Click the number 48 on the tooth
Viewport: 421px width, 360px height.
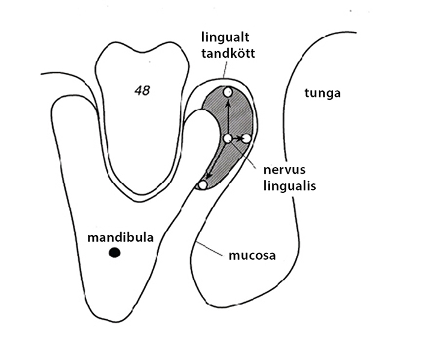click(143, 91)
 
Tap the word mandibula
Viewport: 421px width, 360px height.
click(120, 237)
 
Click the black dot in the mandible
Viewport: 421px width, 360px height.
click(115, 252)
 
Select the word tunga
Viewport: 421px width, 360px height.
click(322, 94)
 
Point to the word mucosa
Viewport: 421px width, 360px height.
click(252, 255)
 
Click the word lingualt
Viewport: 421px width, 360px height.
click(226, 38)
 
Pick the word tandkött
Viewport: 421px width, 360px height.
click(228, 53)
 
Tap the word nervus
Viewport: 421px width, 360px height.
click(284, 170)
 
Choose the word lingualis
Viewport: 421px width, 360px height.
click(289, 186)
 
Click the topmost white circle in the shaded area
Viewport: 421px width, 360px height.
click(228, 93)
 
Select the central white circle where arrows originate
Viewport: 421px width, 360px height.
click(228, 138)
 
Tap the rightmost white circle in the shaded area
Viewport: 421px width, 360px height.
click(246, 138)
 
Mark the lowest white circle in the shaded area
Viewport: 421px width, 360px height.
click(203, 185)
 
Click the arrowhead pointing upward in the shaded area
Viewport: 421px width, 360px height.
click(228, 101)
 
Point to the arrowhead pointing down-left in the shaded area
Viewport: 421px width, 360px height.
click(208, 175)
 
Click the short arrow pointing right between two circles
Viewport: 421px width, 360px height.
click(237, 138)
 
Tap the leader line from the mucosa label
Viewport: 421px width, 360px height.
click(210, 248)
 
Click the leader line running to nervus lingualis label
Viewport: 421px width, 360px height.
click(242, 154)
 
